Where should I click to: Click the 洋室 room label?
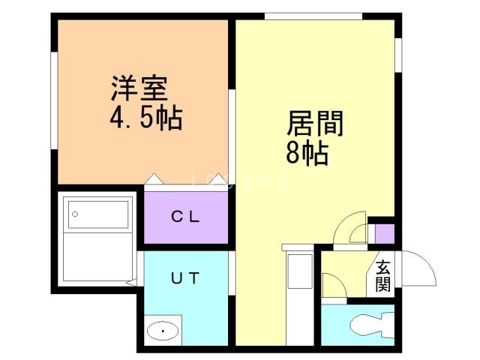pos(139,91)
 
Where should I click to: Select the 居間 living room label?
pos(315,124)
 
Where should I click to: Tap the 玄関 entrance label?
pos(383,275)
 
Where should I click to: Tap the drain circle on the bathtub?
pos(73,214)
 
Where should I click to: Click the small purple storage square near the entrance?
pos(384,233)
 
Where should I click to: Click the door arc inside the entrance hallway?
pos(332,284)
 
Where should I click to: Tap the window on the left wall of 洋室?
pos(55,104)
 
